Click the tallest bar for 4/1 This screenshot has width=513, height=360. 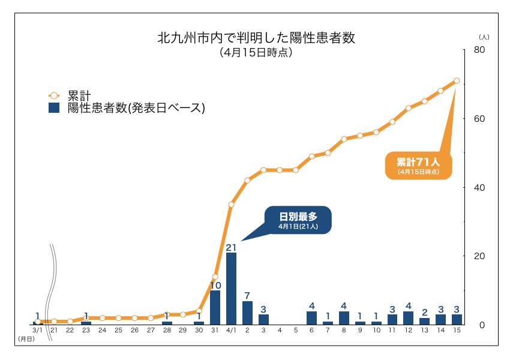[x=231, y=289]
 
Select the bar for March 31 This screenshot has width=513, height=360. [x=215, y=307]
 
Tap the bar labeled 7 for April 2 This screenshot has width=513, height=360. [x=247, y=313]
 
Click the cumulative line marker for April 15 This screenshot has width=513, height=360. [x=457, y=80]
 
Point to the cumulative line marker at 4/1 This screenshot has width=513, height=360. [x=231, y=205]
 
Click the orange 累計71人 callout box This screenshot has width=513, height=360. [x=418, y=165]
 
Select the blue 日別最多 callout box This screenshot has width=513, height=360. [x=298, y=220]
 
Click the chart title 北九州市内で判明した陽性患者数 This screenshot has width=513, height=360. [x=256, y=38]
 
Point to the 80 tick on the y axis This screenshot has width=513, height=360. [x=479, y=50]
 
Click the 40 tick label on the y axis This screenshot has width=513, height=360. [x=479, y=187]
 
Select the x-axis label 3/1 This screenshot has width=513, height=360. [x=37, y=331]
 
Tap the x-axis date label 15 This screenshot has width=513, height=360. [x=457, y=331]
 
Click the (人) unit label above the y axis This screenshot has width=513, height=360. [x=484, y=37]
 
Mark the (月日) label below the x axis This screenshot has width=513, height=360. [x=26, y=340]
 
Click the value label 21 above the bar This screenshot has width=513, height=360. [x=232, y=247]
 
